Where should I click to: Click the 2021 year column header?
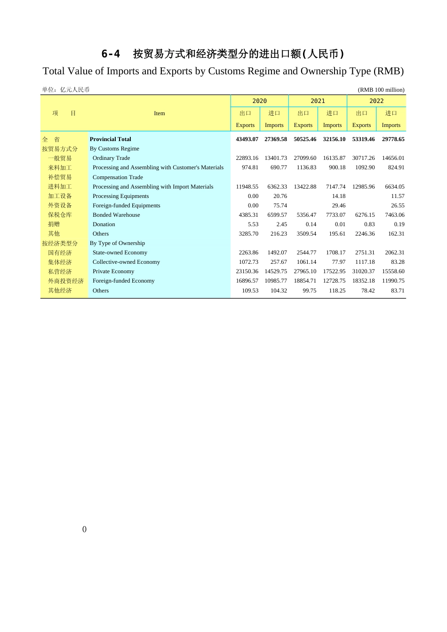pyautogui.click(x=318, y=101)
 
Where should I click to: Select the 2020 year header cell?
pyautogui.click(x=259, y=101)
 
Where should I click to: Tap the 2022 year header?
pyautogui.click(x=376, y=101)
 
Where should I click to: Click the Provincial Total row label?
pyautogui.click(x=110, y=139)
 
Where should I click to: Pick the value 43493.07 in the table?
pyautogui.click(x=247, y=139)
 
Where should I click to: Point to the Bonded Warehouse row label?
pyautogui.click(x=116, y=215)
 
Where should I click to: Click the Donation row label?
pyautogui.click(x=104, y=224)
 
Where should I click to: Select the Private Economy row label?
pyautogui.click(x=113, y=271)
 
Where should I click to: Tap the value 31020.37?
pyautogui.click(x=363, y=271)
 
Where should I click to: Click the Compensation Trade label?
pyautogui.click(x=118, y=177)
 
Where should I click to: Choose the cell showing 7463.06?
pyautogui.click(x=394, y=215)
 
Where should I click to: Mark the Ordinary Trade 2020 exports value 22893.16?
pyautogui.click(x=247, y=158)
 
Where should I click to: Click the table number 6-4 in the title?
pyautogui.click(x=111, y=54)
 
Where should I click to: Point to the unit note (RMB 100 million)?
pyautogui.click(x=381, y=90)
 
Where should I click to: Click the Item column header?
pyautogui.click(x=160, y=113)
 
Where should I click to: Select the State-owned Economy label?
pyautogui.click(x=120, y=253)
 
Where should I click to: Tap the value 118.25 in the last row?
pyautogui.click(x=337, y=291)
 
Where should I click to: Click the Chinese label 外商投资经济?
pyautogui.click(x=65, y=281)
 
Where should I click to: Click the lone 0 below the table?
pyautogui.click(x=84, y=529)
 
